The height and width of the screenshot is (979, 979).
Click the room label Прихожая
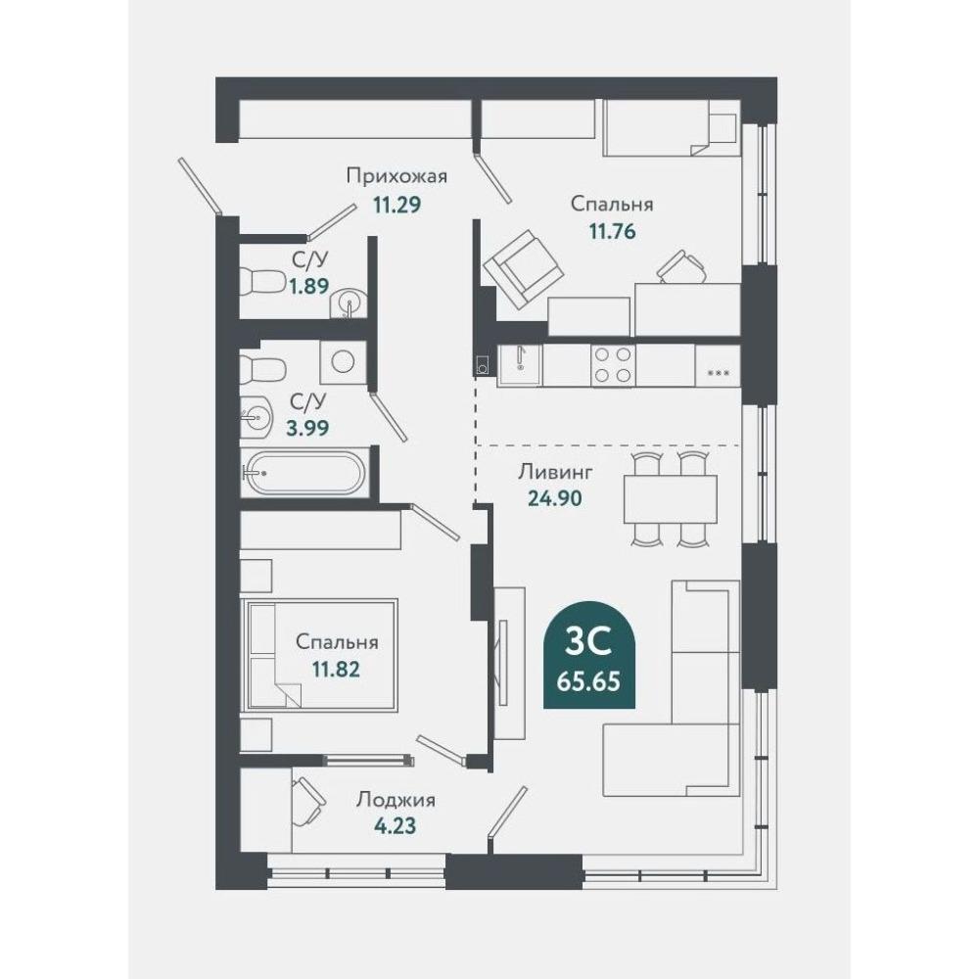pos(397,176)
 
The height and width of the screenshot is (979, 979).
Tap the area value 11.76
pos(612,232)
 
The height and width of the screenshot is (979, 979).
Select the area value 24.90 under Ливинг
pos(555,498)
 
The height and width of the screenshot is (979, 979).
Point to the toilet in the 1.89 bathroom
pos(262,282)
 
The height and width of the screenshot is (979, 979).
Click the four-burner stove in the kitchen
pos(613,364)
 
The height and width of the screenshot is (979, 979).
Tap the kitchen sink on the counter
pos(520,365)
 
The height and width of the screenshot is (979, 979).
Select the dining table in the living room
pos(671,499)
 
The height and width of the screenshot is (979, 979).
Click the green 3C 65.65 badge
pos(589,655)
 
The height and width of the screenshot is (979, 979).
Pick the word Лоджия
pos(396,800)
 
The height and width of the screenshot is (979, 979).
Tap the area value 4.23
pos(395,826)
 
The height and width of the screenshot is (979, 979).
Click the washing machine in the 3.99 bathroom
pos(343,361)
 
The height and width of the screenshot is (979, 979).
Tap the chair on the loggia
pos(307,803)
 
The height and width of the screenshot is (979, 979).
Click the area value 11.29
pos(397,205)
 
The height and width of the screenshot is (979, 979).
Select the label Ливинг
pos(555,472)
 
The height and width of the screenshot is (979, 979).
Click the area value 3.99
pos(307,429)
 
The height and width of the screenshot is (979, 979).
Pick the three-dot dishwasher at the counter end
pos(718,365)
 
